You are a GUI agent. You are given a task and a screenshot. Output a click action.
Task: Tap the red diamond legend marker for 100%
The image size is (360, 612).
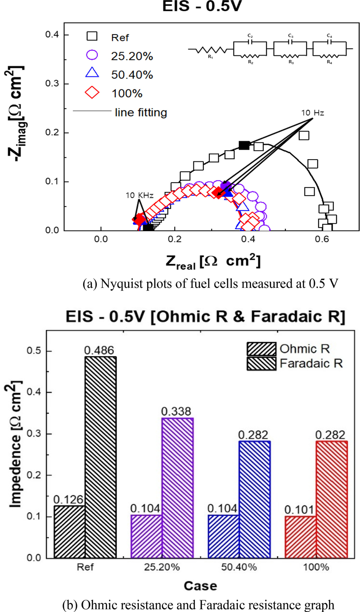[x=92, y=93]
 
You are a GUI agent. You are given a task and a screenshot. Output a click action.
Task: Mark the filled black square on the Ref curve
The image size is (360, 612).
[x=243, y=145]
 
